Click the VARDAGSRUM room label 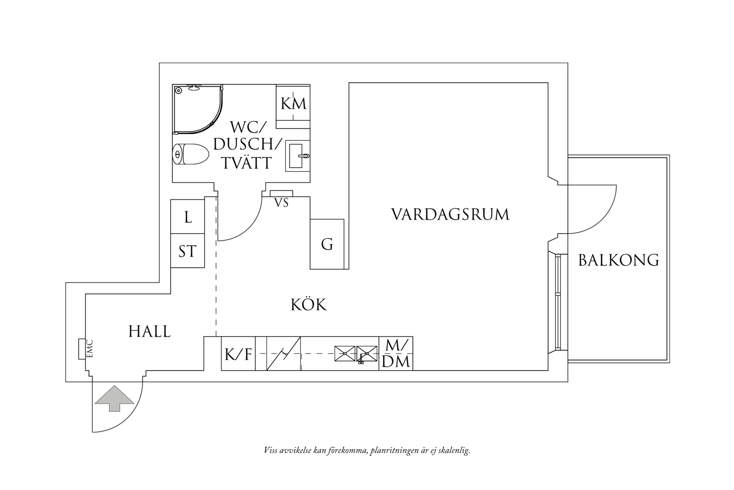point(450,215)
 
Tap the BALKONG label point(619,260)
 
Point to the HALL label point(149,331)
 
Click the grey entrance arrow point(114,398)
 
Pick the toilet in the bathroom point(190,154)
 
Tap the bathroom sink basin point(297,157)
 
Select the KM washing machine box point(293,103)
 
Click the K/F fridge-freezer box point(238,354)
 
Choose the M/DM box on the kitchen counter point(395,354)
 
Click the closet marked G point(327,244)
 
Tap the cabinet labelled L point(188,217)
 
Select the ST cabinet point(188,251)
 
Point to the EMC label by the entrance point(89,349)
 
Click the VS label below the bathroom point(281,203)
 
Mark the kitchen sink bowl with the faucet point(367,354)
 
